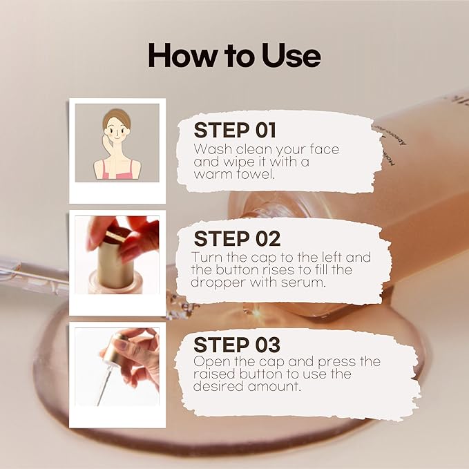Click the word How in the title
pos(182,55)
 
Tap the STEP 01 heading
pos(235,130)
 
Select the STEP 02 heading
pos(237,238)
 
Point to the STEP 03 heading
pos(237,345)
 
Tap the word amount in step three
pos(274,386)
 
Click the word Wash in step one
pos(212,149)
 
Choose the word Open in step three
pos(212,362)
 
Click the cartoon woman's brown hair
pos(116,117)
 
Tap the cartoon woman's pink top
pos(117,173)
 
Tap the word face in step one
pos(325,149)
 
